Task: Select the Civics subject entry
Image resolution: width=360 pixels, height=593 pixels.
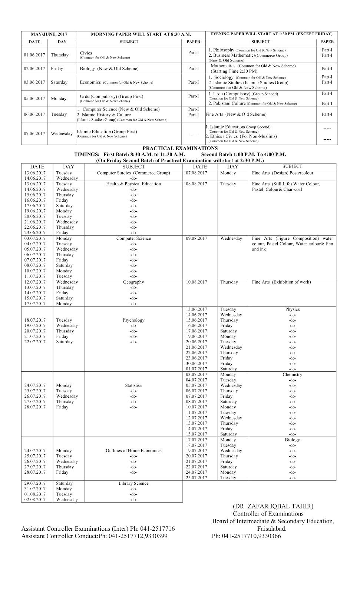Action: pyautogui.click(x=86, y=53)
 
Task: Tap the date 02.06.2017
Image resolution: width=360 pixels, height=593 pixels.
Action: pyautogui.click(x=34, y=69)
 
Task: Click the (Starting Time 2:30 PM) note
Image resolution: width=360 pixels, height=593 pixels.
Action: pyautogui.click(x=234, y=71)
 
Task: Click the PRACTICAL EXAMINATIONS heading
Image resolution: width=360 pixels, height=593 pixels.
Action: pyautogui.click(x=180, y=149)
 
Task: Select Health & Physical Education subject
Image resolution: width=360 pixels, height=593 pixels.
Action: pyautogui.click(x=133, y=184)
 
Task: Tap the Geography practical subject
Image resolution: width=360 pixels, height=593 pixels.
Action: pyautogui.click(x=133, y=282)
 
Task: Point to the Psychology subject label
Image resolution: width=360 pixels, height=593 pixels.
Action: pyautogui.click(x=133, y=320)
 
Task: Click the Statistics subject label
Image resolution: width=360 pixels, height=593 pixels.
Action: pyautogui.click(x=133, y=385)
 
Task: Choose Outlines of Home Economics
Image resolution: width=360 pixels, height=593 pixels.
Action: pyautogui.click(x=133, y=451)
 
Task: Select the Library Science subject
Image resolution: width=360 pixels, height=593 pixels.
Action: pyautogui.click(x=133, y=483)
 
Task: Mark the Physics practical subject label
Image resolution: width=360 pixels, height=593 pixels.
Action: pyautogui.click(x=292, y=309)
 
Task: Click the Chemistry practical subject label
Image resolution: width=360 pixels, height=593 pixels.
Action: pyautogui.click(x=292, y=375)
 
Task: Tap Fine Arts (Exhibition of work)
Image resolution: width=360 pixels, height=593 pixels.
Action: pyautogui.click(x=281, y=282)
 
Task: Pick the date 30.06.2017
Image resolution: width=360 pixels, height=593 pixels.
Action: pyautogui.click(x=196, y=364)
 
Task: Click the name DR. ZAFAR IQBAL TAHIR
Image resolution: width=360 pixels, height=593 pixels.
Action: pyautogui.click(x=273, y=506)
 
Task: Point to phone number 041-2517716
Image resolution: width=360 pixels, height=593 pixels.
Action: pyautogui.click(x=156, y=529)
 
